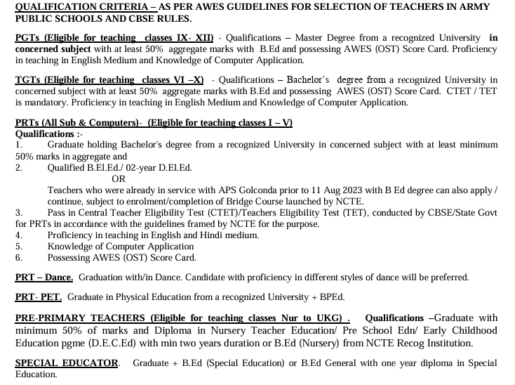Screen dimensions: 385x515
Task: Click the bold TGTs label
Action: (27, 80)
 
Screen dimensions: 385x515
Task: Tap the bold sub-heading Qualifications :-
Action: (49, 133)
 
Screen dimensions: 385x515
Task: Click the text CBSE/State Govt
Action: (460, 212)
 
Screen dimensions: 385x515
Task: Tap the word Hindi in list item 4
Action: (215, 235)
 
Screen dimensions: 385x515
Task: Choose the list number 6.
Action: (19, 257)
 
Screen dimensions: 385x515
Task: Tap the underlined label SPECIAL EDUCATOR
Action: (67, 363)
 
